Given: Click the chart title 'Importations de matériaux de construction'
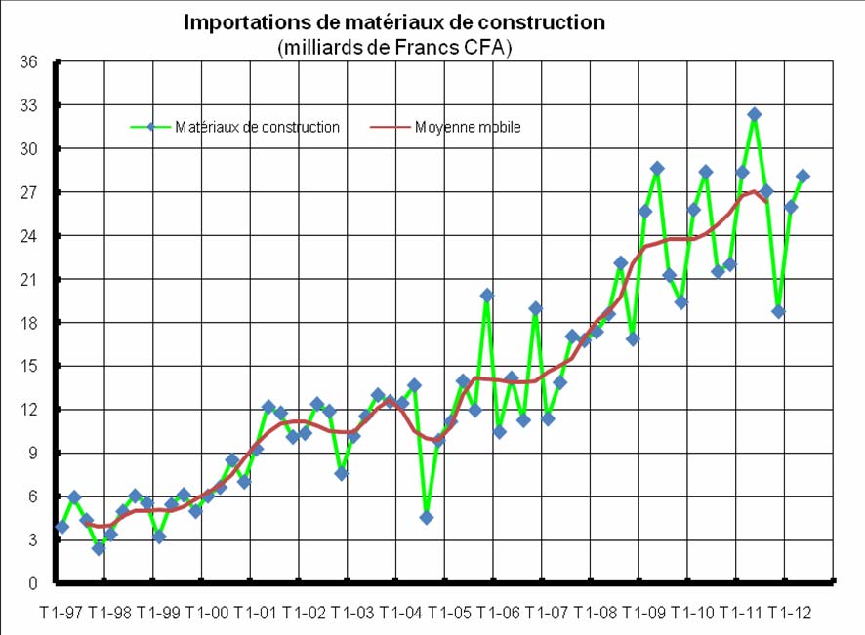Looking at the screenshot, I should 394,21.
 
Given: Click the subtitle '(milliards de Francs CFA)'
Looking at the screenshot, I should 394,47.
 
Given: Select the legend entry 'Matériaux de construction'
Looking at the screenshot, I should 257,127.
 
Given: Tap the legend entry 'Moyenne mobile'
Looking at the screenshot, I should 468,127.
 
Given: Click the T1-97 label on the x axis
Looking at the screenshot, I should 61,613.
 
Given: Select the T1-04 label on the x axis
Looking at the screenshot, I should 401,613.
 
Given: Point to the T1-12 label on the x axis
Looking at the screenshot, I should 790,613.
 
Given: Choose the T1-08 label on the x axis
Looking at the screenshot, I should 596,613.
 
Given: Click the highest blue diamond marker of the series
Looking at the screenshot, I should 754,114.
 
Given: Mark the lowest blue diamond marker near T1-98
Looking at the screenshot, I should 99,548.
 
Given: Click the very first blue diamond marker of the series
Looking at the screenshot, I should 62,527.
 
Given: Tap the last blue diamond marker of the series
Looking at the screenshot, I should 803,176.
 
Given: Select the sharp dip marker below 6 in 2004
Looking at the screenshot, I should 427,517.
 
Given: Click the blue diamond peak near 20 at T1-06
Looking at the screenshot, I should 487,295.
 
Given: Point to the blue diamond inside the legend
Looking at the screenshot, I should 150,127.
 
